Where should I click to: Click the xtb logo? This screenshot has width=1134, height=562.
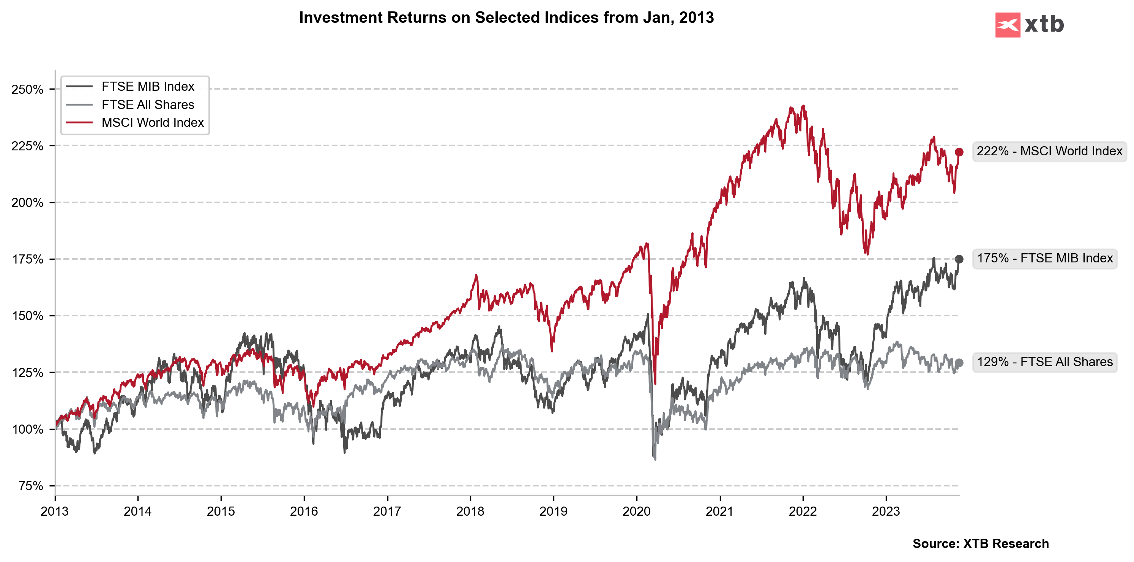(1029, 25)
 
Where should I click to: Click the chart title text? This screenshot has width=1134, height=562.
(506, 17)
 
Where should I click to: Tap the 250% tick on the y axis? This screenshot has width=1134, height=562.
(27, 89)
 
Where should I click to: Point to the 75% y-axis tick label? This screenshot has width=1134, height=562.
(31, 486)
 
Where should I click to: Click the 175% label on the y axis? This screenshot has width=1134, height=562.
(27, 259)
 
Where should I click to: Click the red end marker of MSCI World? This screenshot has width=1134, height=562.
(959, 152)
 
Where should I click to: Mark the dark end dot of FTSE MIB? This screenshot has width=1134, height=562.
(959, 259)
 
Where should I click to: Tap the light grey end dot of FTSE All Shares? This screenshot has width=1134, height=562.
(959, 363)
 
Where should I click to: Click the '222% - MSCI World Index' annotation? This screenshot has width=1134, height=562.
(1049, 151)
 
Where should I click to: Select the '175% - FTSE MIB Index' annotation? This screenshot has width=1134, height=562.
(1045, 258)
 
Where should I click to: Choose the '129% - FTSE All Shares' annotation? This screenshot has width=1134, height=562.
(1045, 362)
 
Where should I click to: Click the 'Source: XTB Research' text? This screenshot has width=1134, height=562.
(980, 543)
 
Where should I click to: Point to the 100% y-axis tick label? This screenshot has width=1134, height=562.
(27, 429)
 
